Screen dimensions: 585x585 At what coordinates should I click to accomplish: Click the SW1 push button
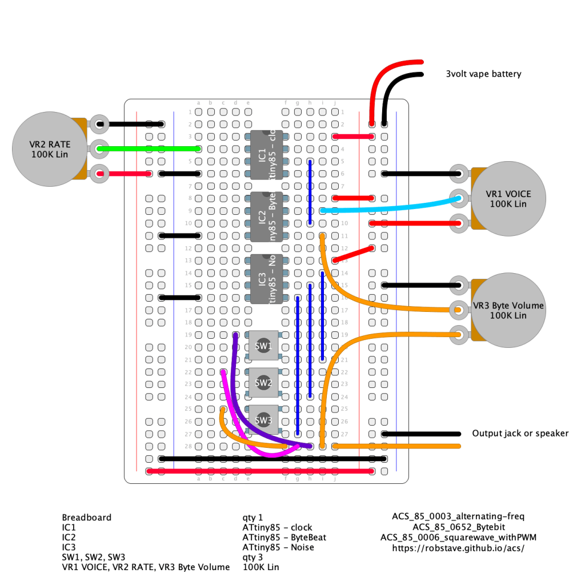263,346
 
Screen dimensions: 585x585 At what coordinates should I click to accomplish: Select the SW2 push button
263,383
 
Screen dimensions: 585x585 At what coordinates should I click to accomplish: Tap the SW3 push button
263,420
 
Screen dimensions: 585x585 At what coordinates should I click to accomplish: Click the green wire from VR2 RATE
149,149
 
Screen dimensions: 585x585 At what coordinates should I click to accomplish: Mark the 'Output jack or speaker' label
520,433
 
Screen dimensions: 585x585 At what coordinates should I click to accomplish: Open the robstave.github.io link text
458,548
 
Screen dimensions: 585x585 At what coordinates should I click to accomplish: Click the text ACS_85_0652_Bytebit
458,527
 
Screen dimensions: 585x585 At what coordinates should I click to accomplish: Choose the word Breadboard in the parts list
87,517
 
